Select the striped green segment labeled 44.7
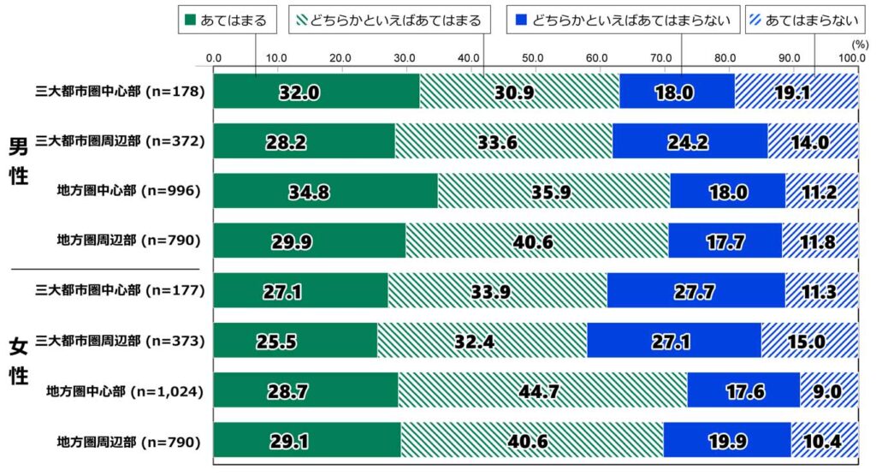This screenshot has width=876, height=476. pos(542,390)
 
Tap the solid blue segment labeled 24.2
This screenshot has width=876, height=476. pos(690,141)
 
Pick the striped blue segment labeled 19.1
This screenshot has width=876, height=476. pos(796,92)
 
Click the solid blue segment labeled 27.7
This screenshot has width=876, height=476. pos(695,291)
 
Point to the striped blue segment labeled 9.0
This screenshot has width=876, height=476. pos(828,390)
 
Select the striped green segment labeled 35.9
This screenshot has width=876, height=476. pos(553,191)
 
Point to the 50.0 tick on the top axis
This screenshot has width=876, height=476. pos(533,57)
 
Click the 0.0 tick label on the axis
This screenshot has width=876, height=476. pos(214,57)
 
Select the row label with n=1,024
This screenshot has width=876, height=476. pos(124,391)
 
